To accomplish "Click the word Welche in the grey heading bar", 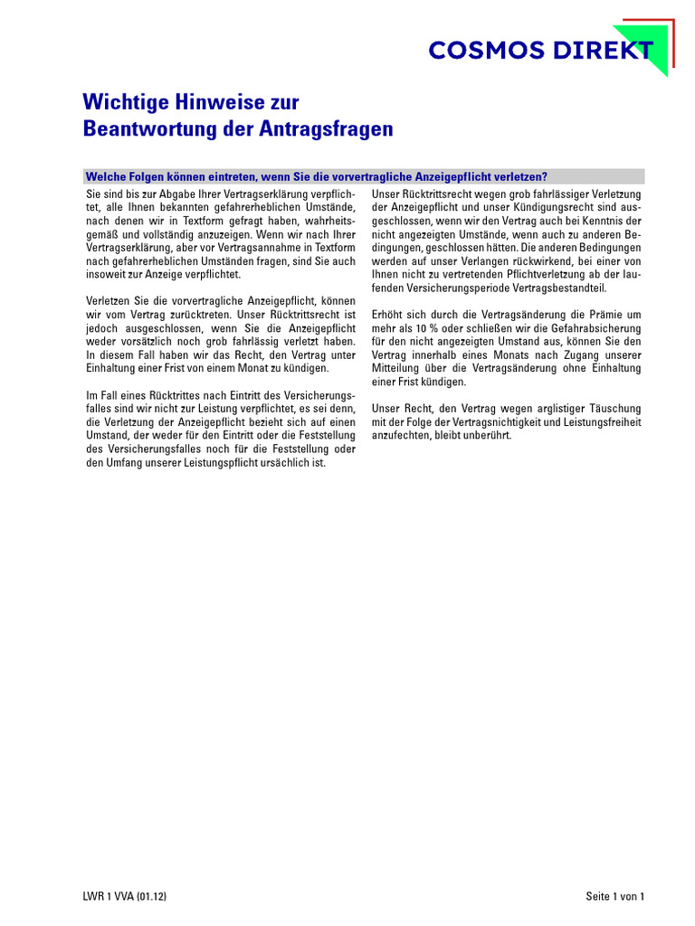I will coord(105,176).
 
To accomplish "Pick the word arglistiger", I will coord(546,409).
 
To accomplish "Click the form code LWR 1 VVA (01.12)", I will coord(125,897).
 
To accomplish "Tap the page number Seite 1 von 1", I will coord(614,897).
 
